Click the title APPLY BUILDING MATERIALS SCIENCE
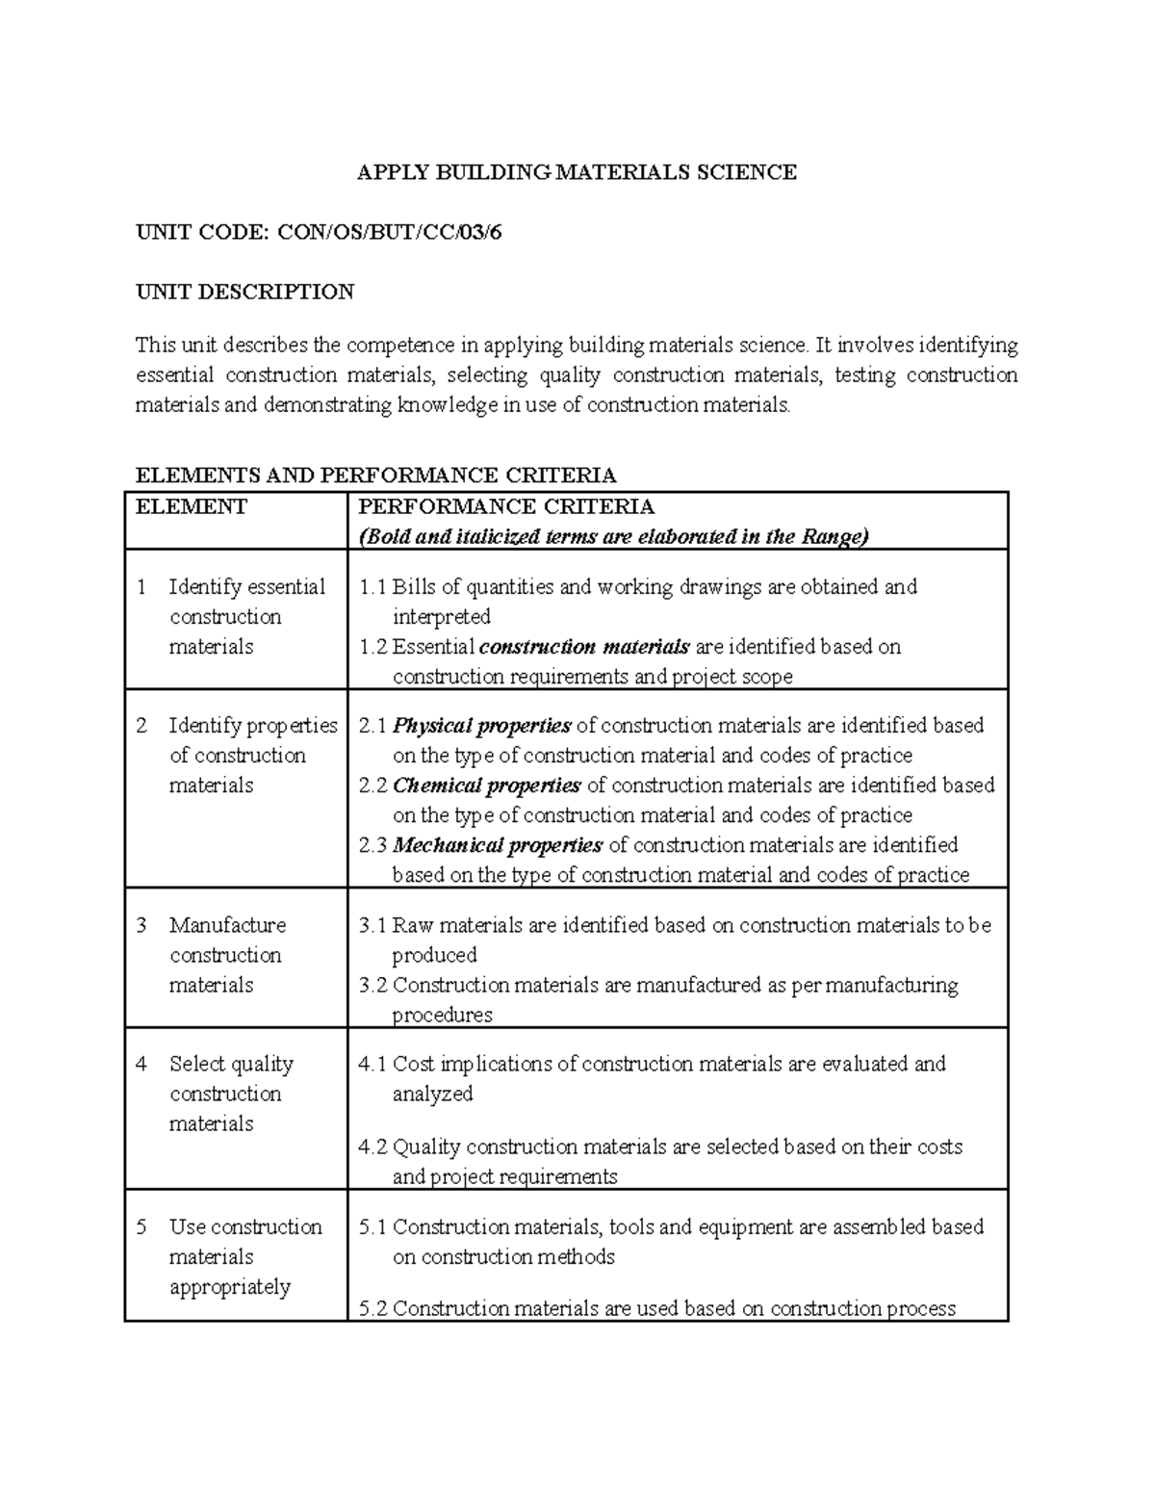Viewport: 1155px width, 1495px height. pyautogui.click(x=577, y=172)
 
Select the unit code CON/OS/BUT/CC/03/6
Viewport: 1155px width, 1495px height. pyautogui.click(x=389, y=232)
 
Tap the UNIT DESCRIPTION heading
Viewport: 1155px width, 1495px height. pyautogui.click(x=244, y=292)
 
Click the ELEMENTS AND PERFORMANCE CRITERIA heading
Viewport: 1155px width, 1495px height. pyautogui.click(x=375, y=475)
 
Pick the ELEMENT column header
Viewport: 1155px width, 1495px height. pyautogui.click(x=192, y=507)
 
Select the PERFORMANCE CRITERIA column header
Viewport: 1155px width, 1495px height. pyautogui.click(x=505, y=507)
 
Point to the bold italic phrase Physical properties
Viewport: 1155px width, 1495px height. pyautogui.click(x=482, y=726)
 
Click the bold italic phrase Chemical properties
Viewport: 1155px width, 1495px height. pyautogui.click(x=486, y=786)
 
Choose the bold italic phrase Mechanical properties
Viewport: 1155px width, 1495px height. pyautogui.click(x=498, y=845)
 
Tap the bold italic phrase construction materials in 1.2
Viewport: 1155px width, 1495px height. pyautogui.click(x=583, y=647)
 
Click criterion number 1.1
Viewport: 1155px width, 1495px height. pyautogui.click(x=372, y=587)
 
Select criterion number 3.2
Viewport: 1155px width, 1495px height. pyautogui.click(x=372, y=986)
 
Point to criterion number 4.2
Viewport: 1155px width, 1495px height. pyautogui.click(x=372, y=1147)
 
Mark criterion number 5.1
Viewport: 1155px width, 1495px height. pyautogui.click(x=372, y=1227)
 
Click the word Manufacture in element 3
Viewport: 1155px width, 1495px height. pyautogui.click(x=227, y=926)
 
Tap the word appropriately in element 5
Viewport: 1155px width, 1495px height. pyautogui.click(x=229, y=1287)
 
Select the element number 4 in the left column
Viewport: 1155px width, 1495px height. pyautogui.click(x=141, y=1065)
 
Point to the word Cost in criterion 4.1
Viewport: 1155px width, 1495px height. pyautogui.click(x=414, y=1065)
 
